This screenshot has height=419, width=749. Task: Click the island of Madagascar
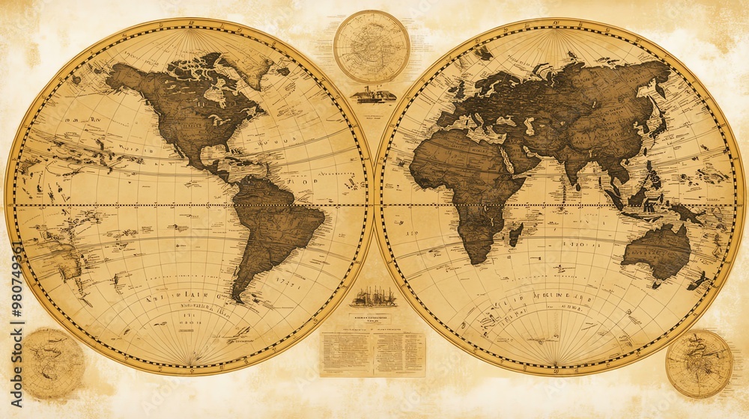[x=515, y=235]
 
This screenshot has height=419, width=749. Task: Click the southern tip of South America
[x=238, y=298]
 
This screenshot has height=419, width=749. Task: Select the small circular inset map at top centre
[x=372, y=46]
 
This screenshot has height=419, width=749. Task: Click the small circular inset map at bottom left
[x=52, y=364]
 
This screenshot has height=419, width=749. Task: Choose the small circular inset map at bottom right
[x=699, y=364]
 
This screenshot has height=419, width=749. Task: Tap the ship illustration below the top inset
[x=373, y=95]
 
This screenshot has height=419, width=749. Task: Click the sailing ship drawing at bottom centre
[x=373, y=297]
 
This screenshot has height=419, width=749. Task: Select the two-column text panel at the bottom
[x=372, y=354]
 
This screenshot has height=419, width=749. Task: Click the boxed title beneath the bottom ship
[x=372, y=319]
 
